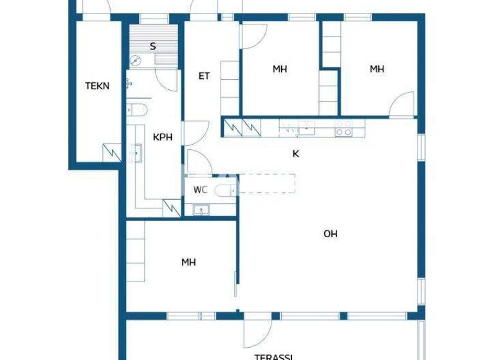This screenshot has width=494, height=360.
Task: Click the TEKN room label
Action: point(97,85)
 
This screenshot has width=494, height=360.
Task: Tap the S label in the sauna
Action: point(152,46)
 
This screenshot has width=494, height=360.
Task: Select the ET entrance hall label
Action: point(204,76)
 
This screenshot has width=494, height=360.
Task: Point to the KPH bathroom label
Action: point(162,137)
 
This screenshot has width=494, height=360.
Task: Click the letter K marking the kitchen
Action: point(295,154)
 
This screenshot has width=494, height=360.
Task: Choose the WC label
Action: point(200,190)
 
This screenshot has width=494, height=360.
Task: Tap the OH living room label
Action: point(330,234)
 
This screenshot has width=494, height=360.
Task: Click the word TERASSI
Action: point(273,355)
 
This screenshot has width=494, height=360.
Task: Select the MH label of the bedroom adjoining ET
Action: point(279,69)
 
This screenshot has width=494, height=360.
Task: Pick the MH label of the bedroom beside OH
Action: point(188,262)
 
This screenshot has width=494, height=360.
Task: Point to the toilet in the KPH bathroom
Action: point(137,110)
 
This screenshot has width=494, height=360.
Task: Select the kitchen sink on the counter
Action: point(306,129)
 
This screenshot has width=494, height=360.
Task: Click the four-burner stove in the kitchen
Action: point(343,128)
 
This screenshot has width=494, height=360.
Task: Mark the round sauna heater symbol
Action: point(135,61)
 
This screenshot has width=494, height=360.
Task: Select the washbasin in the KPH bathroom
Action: point(136,154)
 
